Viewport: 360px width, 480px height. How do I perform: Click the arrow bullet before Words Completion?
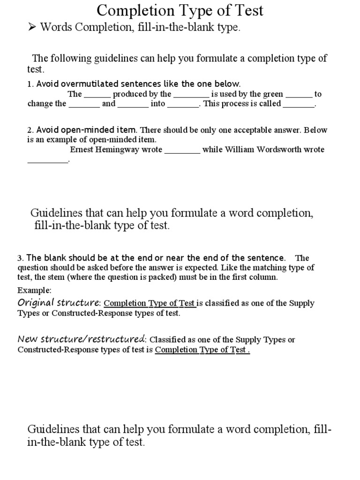pyautogui.click(x=32, y=27)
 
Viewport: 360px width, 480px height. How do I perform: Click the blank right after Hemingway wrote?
pyautogui.click(x=182, y=151)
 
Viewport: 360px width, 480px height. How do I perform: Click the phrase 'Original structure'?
pyautogui.click(x=59, y=302)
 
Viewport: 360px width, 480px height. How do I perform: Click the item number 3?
pyautogui.click(x=20, y=258)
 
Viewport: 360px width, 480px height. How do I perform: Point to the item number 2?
pyautogui.click(x=29, y=130)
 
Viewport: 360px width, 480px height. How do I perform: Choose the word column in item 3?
pyautogui.click(x=266, y=277)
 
